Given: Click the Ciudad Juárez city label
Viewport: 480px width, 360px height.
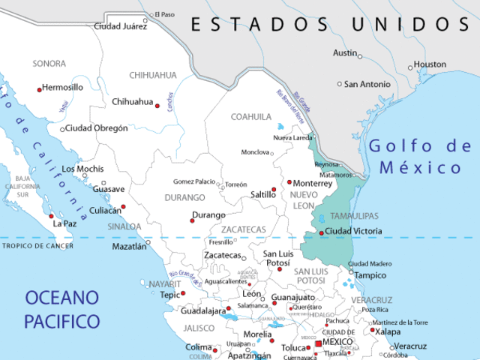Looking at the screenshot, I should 118,26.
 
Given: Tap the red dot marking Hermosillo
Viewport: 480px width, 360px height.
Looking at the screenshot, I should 40,89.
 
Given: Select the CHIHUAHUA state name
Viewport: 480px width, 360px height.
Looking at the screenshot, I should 153,75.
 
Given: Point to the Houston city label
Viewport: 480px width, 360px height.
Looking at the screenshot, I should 430,64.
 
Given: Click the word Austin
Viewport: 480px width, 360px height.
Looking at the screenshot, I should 345,53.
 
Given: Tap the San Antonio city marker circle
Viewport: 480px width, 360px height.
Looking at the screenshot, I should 340,84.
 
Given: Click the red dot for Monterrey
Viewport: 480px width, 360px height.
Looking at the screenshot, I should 289,182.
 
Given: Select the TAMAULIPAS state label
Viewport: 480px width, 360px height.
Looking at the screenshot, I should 355,216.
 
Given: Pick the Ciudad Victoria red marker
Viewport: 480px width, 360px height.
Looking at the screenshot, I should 322,232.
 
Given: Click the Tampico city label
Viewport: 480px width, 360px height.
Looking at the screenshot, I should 370,275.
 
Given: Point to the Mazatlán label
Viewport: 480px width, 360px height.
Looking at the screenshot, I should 129,246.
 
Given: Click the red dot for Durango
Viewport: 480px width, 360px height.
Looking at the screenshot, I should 192,220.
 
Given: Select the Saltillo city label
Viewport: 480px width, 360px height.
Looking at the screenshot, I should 262,194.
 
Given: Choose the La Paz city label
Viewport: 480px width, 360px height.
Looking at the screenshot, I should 64,223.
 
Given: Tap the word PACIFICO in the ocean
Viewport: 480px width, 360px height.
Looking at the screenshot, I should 61,322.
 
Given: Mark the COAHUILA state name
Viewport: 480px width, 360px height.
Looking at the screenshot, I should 251,117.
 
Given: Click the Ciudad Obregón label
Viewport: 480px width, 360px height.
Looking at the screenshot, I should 97,128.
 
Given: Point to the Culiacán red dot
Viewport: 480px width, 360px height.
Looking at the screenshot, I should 124,207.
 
